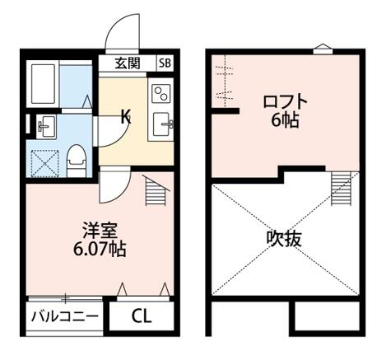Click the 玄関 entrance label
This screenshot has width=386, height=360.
[x=128, y=63]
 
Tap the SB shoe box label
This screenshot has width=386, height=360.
[x=164, y=63]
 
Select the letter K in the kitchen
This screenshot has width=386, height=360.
[x=125, y=117]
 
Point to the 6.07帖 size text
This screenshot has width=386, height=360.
[x=97, y=245]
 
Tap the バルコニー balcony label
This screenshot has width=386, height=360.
[x=65, y=316]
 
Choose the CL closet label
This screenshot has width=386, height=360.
[x=142, y=316]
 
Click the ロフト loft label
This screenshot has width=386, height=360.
[x=286, y=103]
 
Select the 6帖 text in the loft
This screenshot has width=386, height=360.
[x=286, y=120]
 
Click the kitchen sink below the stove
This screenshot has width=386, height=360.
[x=161, y=124]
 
